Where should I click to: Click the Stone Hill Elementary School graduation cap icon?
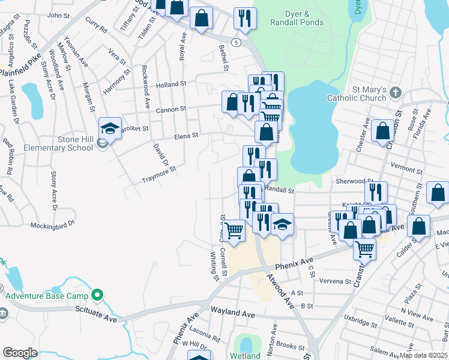point(110,128)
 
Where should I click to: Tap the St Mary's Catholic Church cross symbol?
point(394,93)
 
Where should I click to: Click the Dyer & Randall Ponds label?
point(297,18)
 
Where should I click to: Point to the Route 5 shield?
point(237,42)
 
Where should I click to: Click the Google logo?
point(20,353)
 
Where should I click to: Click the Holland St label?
point(172,85)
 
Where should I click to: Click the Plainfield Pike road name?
point(20,67)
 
